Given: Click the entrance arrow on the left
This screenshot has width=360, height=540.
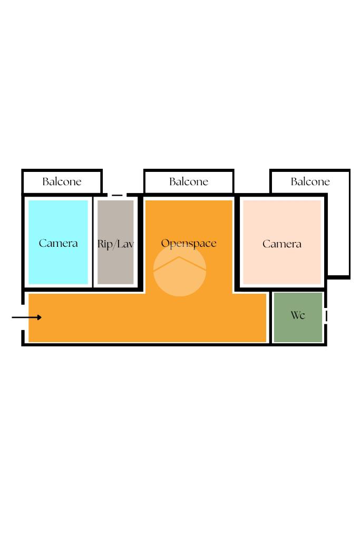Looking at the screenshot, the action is [x=27, y=317].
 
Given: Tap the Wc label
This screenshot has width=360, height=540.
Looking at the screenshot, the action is [x=298, y=315].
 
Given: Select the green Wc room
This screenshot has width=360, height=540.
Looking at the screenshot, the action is [x=298, y=330].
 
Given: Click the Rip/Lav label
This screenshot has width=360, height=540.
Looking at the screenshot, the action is [x=115, y=244].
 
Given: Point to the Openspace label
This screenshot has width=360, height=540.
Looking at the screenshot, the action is [x=189, y=243].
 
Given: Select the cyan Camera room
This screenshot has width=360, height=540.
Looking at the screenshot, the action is [x=58, y=264].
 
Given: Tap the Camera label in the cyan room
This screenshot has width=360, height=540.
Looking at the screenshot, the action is [x=58, y=243].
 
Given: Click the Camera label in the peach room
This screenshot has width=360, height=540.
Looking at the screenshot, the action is [x=282, y=244].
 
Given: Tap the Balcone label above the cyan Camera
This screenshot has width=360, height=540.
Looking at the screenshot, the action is [x=62, y=182].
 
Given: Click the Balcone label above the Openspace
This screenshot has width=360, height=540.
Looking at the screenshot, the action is [x=189, y=182].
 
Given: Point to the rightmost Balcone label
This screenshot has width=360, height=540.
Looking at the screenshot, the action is [x=310, y=182].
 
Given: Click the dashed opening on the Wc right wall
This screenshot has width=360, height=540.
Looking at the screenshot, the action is [x=326, y=316].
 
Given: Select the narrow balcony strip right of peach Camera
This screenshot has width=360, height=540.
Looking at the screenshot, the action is [x=337, y=237].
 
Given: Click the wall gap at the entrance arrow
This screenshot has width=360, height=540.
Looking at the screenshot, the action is [x=23, y=317].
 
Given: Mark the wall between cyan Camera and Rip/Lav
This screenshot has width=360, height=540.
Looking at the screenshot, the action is [x=93, y=243].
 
